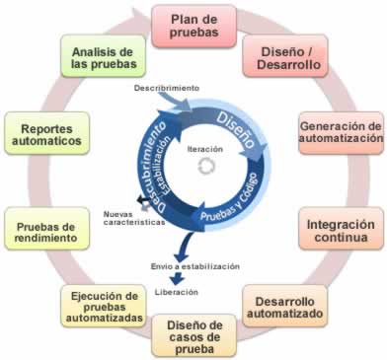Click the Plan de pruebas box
[193, 25]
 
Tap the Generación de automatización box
[341, 132]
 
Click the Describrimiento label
[168, 89]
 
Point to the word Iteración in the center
[204, 149]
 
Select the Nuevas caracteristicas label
[133, 219]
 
